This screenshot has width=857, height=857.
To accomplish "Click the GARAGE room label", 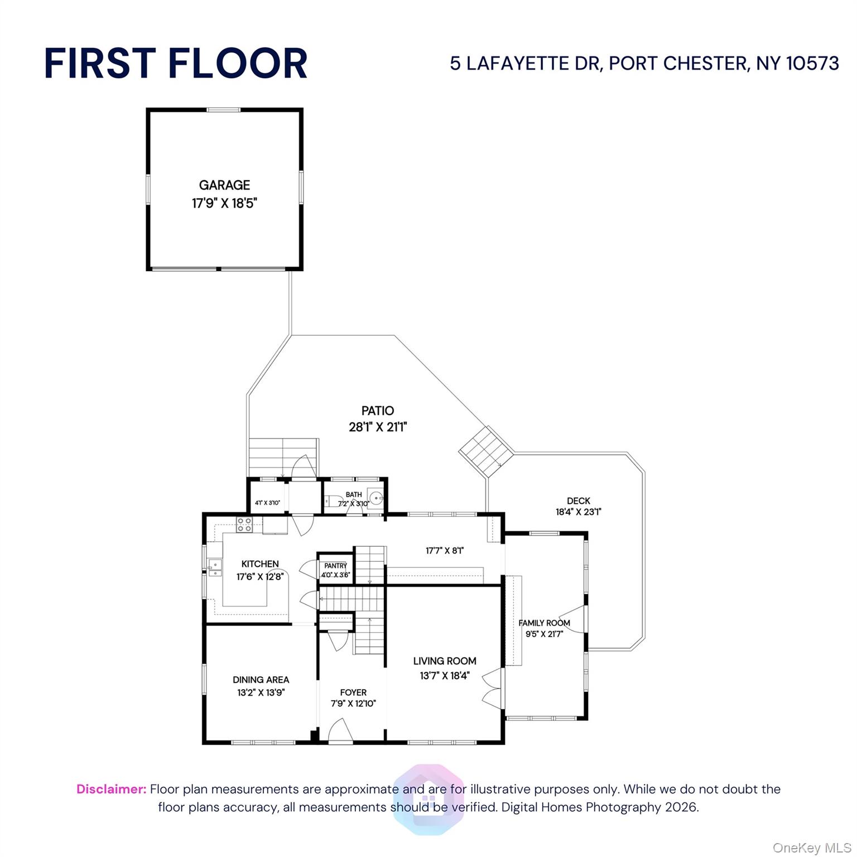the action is coord(224,185).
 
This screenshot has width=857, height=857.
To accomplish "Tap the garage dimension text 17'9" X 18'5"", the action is coord(224,203).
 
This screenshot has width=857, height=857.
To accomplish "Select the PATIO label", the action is coord(378,411).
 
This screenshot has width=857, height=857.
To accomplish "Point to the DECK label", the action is coord(579,501).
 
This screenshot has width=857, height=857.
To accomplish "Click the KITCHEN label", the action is coord(260,564).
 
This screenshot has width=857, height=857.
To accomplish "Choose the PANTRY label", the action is coord(336,566).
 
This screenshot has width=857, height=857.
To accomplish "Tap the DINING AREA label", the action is coord(261,680).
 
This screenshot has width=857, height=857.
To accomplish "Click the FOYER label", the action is coord(353,692).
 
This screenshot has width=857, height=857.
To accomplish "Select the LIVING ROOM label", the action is coord(445,661).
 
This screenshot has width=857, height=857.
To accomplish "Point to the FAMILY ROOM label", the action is coord(545,623).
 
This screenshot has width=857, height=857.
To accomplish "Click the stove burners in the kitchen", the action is coord(244,524).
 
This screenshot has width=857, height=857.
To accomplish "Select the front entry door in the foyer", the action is coord(340,731).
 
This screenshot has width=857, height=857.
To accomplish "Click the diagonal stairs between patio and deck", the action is coord(486,451).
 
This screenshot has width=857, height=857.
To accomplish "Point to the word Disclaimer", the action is coord(112,789).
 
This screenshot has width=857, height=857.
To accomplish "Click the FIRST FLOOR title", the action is coord(176,63).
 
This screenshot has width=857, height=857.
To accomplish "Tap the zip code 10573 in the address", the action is coord(812,63).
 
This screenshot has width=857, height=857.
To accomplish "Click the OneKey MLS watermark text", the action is coord(812,848).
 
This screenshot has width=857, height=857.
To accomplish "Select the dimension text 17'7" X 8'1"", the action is coord(445,551).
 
